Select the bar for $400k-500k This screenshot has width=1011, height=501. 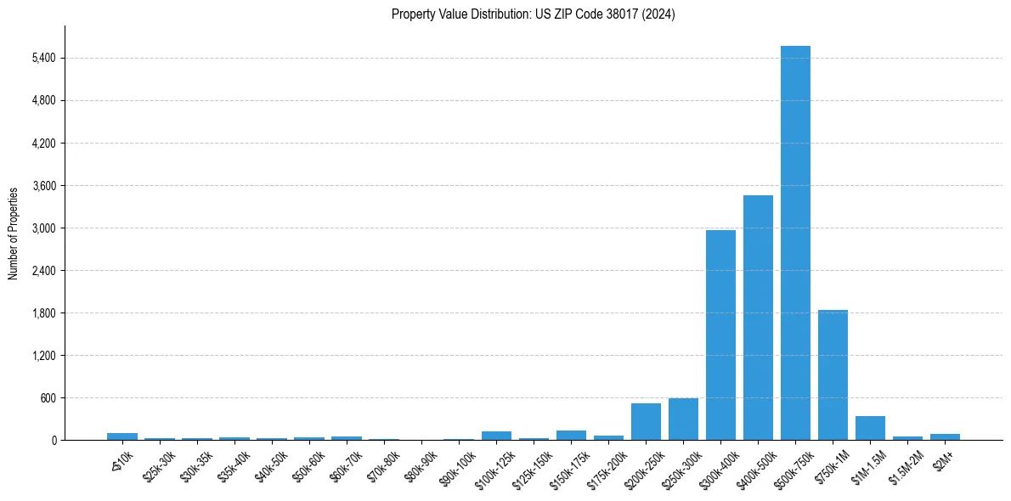[x=758, y=318]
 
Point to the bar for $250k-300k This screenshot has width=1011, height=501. [x=683, y=419]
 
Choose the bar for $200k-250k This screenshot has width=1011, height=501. [x=646, y=422]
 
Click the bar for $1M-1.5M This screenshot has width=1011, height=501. [x=870, y=428]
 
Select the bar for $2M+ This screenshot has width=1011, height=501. [x=945, y=436]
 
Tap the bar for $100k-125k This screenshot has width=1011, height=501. [x=496, y=436]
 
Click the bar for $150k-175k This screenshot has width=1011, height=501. [x=571, y=436]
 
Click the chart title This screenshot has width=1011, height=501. [x=534, y=14]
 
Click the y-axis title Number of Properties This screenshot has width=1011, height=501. [x=14, y=233]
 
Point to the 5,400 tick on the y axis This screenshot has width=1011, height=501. [x=42, y=58]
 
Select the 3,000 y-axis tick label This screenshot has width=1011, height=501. [x=42, y=228]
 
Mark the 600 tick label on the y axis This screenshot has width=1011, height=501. [x=47, y=397]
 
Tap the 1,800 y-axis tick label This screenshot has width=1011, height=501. [x=42, y=312]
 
